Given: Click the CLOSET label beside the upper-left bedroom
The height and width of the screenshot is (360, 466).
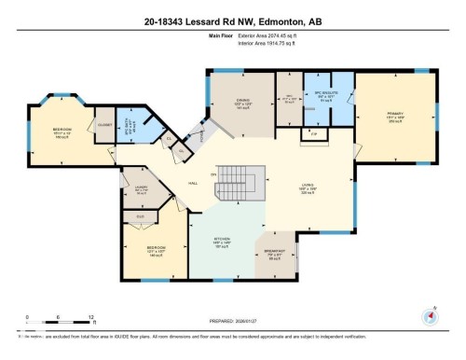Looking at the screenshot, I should pos(104,123).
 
